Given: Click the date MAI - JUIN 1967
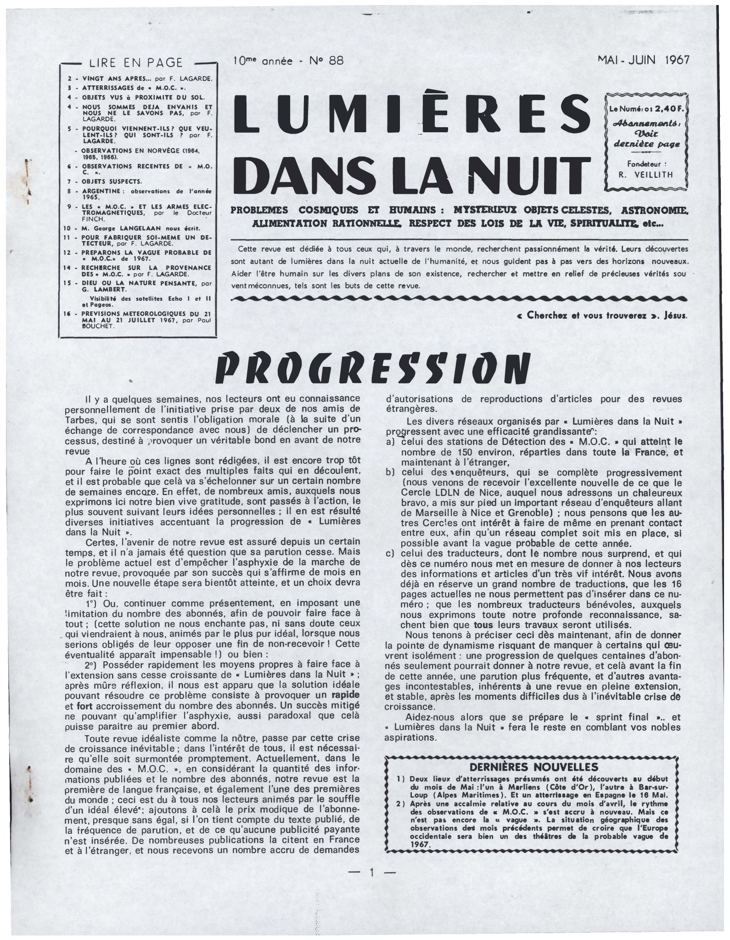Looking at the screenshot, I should pyautogui.click(x=643, y=61).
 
